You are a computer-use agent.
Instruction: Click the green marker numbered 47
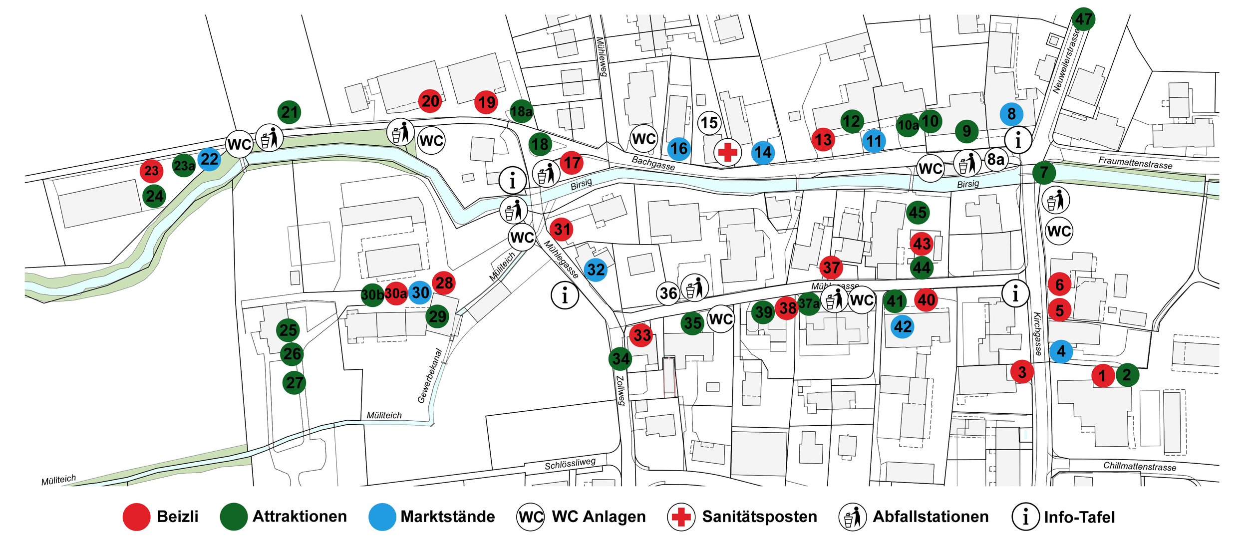[1083, 19]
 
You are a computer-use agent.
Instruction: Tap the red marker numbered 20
[430, 101]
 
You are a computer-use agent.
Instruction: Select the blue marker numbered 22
[209, 159]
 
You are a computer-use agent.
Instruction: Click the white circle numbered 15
[709, 123]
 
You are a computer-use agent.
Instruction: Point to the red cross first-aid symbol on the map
[727, 152]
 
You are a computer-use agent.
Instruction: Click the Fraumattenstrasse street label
[1135, 163]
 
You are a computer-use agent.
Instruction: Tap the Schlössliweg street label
[570, 464]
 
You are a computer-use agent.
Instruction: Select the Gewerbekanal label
[430, 375]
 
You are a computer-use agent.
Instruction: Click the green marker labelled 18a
[522, 111]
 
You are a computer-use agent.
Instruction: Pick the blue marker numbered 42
[903, 327]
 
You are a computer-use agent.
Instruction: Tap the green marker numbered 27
[294, 383]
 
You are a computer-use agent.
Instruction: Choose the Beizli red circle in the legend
[136, 517]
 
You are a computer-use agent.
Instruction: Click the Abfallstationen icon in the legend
[852, 517]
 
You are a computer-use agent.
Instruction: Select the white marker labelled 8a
[996, 159]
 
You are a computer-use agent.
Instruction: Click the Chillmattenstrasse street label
[1139, 466]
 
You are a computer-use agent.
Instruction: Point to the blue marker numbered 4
[1061, 351]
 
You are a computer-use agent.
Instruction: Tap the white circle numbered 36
[668, 293]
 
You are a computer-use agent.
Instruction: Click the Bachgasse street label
[653, 163]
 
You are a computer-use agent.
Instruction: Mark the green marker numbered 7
[1044, 173]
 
